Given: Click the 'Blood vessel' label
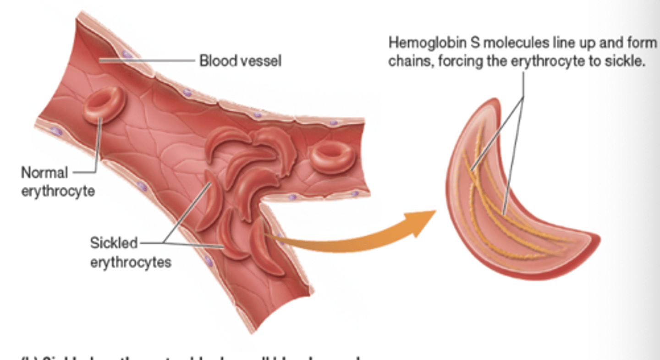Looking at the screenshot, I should coord(240,60).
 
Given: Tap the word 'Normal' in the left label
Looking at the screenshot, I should coord(44,173).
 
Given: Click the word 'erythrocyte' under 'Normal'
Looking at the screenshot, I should coord(58,191).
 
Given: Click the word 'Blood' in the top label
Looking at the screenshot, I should coord(218,60).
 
